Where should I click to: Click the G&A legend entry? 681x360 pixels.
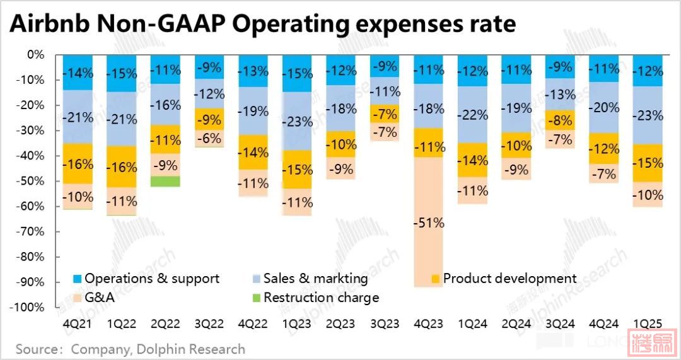[x=99, y=298]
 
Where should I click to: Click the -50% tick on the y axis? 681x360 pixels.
[x=31, y=181]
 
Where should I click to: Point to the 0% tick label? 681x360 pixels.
[x=35, y=55]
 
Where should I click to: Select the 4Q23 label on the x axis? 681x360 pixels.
[x=428, y=324]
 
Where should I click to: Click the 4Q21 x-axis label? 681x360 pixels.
[x=78, y=324]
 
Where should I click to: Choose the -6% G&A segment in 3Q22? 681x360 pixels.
[x=209, y=139]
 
